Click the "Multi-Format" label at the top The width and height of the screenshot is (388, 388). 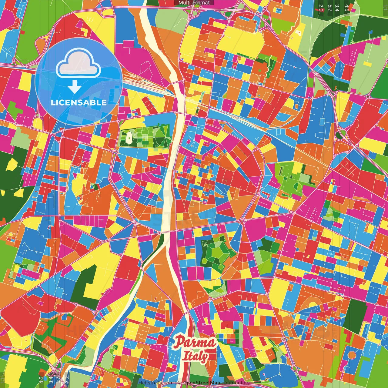(x=194, y=3)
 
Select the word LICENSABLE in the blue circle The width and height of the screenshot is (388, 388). (x=79, y=102)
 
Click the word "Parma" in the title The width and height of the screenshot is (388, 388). (x=195, y=343)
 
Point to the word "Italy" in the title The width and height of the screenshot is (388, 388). (x=195, y=356)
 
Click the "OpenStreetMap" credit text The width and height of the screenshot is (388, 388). (x=201, y=383)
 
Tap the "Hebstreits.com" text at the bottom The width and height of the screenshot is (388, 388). (x=156, y=383)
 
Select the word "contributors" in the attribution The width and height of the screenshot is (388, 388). (x=236, y=383)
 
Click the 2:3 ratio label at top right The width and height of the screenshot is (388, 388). (x=321, y=8)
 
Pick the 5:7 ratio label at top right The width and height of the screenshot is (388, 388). (x=330, y=8)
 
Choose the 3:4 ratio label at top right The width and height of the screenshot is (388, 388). (x=337, y=8)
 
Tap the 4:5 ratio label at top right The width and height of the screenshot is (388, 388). (x=347, y=8)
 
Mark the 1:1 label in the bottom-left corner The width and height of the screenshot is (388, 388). (x=3, y=380)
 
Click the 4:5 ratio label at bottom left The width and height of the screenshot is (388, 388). (x=41, y=380)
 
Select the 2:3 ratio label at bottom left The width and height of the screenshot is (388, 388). (x=67, y=380)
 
